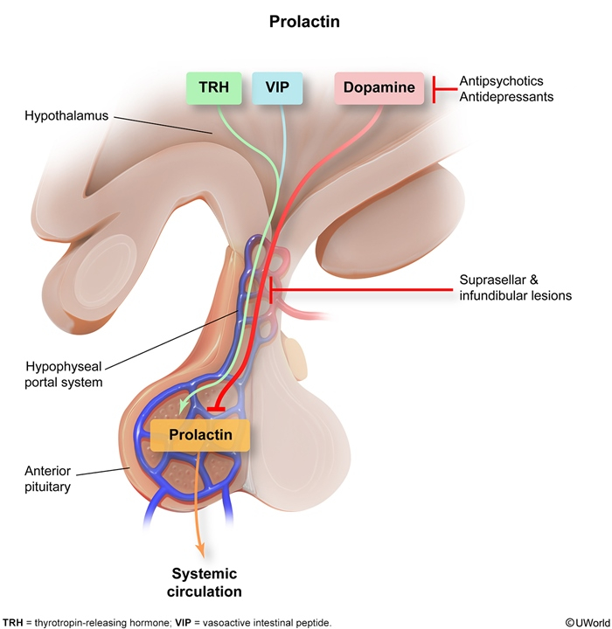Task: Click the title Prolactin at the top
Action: click(x=305, y=21)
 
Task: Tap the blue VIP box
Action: click(x=277, y=88)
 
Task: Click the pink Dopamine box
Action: click(x=379, y=88)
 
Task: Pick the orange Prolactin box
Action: click(x=199, y=434)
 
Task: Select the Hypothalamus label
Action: click(x=66, y=114)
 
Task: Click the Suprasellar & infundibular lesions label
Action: click(x=515, y=288)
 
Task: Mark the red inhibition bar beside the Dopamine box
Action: click(x=434, y=88)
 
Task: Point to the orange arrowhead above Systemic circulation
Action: click(x=204, y=550)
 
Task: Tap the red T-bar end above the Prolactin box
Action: click(x=219, y=408)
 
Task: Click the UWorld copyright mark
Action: click(x=587, y=622)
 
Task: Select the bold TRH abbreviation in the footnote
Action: click(x=13, y=622)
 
